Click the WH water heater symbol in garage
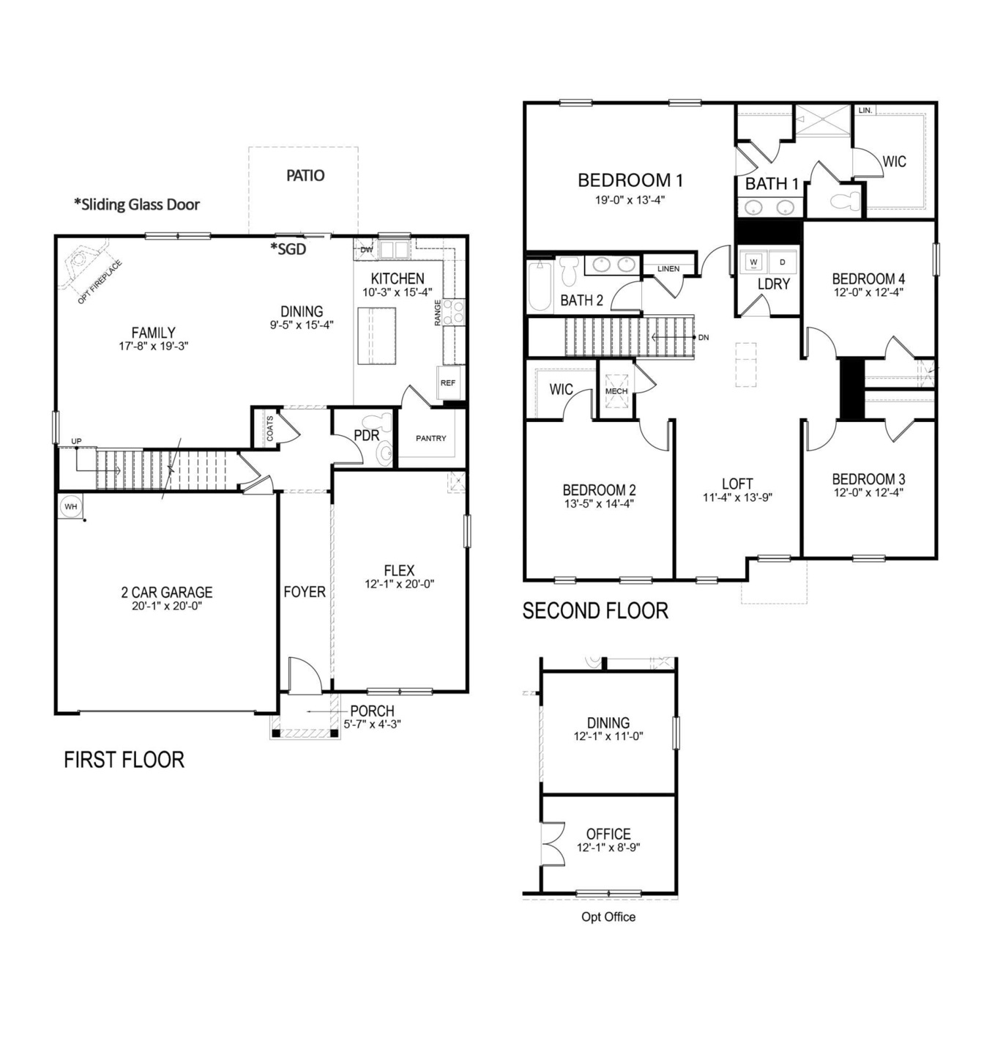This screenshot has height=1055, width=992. (70, 506)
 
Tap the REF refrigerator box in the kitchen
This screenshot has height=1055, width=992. (447, 382)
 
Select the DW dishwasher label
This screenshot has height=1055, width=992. (366, 251)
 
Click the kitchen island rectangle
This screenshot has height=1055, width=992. (376, 336)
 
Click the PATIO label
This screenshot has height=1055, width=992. (305, 176)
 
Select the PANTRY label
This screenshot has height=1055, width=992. (430, 438)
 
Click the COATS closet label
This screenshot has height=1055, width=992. (270, 429)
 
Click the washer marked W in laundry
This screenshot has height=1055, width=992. (753, 262)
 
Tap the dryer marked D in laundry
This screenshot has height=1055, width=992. (782, 262)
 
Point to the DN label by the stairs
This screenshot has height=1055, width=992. (703, 338)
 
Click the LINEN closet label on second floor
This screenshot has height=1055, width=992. (668, 269)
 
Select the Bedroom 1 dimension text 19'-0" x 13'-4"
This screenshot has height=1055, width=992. (630, 199)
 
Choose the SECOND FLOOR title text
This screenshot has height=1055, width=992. (595, 611)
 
